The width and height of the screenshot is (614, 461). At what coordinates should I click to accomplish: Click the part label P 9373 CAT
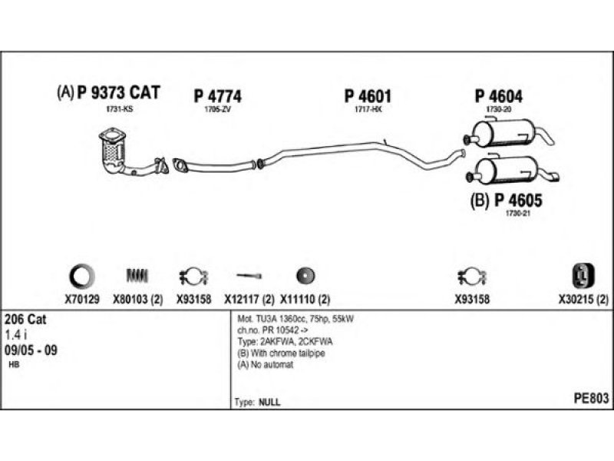118,94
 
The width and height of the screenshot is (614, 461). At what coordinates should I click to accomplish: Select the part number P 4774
217,97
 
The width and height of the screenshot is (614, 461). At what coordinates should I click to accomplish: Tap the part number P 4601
368,97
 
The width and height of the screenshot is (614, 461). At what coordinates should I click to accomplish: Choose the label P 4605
518,201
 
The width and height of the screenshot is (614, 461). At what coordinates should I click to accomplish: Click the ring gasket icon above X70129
81,274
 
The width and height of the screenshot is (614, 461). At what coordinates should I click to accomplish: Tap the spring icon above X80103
136,274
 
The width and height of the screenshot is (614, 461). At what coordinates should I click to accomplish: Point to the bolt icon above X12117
249,275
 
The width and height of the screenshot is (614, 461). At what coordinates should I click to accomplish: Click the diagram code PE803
591,398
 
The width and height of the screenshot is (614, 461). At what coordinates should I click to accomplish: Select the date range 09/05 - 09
31,350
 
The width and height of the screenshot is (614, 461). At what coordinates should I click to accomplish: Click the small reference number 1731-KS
119,111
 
